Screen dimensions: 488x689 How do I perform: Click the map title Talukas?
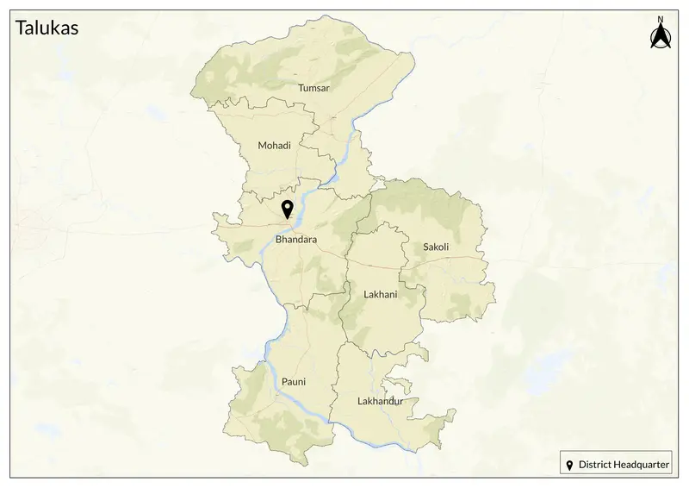47,28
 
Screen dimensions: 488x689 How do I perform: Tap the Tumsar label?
313,88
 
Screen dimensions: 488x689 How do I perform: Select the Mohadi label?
275,146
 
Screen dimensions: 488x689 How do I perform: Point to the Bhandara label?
296,238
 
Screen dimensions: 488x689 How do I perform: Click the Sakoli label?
436,247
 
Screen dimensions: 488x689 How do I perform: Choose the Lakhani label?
381,294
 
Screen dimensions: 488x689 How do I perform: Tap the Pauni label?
294,381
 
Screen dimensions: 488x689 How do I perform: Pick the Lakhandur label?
380,401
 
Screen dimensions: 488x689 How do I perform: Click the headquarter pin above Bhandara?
287,209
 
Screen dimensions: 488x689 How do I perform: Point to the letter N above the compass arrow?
660,19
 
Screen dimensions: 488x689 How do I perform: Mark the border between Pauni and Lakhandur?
336,379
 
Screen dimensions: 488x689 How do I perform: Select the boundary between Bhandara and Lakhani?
346,276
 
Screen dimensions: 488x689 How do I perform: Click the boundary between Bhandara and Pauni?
297,306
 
